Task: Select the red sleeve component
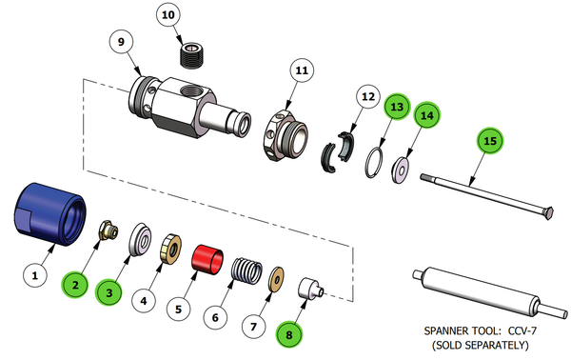pyautogui.click(x=207, y=258)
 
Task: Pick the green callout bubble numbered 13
pyautogui.click(x=396, y=106)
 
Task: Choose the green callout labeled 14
pyautogui.click(x=428, y=115)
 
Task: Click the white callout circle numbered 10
pyautogui.click(x=167, y=16)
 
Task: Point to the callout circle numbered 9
pyautogui.click(x=120, y=42)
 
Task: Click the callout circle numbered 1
pyautogui.click(x=35, y=276)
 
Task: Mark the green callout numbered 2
pyautogui.click(x=76, y=282)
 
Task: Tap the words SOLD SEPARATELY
pyautogui.click(x=484, y=344)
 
